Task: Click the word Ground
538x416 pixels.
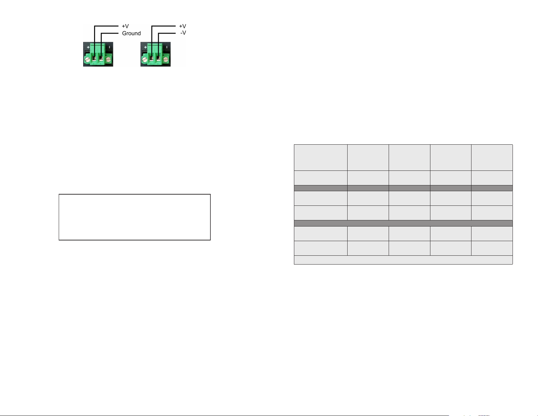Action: pos(131,33)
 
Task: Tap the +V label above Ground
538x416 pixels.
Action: pos(125,26)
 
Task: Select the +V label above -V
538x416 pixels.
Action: pos(183,26)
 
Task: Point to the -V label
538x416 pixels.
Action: pos(183,33)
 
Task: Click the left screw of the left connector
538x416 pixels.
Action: pos(87,59)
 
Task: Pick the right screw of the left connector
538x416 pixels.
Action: pos(108,59)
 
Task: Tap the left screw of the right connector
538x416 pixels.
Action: pos(145,59)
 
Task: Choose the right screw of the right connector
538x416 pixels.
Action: pos(166,59)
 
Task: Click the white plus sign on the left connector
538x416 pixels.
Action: pos(88,47)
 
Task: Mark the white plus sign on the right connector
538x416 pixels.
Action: pos(145,47)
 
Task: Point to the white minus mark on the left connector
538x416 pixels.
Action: pos(109,47)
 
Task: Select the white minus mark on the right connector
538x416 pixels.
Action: pos(167,47)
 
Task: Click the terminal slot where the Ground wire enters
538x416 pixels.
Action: pos(101,59)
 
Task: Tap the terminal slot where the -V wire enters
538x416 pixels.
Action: pos(159,59)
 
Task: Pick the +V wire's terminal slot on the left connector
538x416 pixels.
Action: pos(94,59)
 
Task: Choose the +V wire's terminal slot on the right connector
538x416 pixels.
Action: pos(151,59)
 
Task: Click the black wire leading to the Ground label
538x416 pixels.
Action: pos(101,37)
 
